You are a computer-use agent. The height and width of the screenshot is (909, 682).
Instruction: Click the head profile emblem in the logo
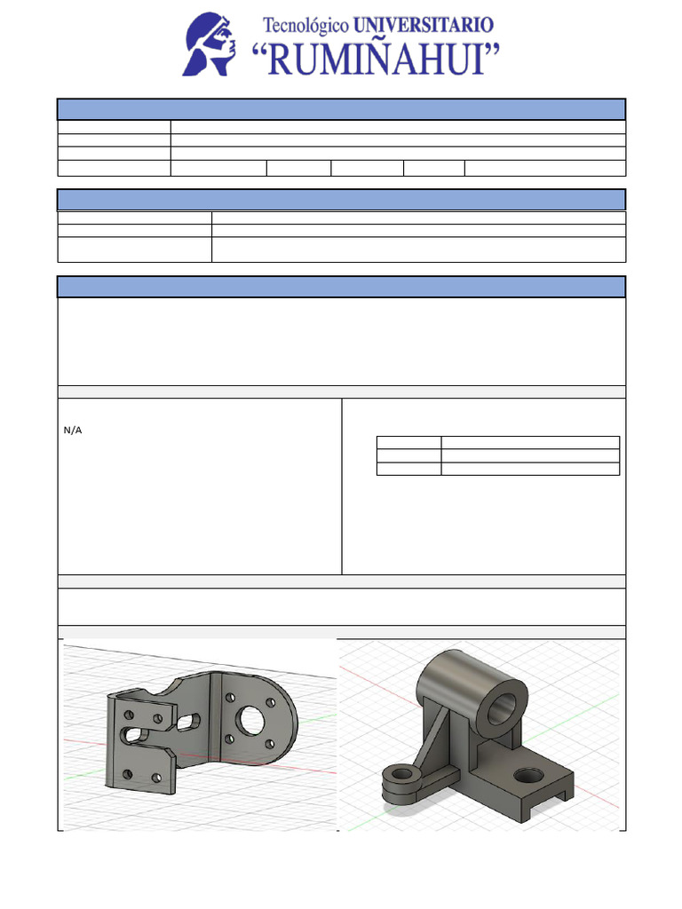click(x=210, y=44)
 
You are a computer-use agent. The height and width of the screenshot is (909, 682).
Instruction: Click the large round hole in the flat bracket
click(x=252, y=720)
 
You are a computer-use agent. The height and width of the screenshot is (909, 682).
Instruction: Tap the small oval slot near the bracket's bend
click(x=188, y=723)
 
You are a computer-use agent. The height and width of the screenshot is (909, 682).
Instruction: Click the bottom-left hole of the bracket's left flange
click(x=127, y=774)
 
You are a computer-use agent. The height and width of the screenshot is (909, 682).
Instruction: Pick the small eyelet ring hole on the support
click(x=401, y=774)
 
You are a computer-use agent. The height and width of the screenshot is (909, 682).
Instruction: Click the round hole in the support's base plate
click(x=530, y=775)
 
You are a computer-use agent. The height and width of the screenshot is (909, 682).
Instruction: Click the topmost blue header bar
click(x=341, y=109)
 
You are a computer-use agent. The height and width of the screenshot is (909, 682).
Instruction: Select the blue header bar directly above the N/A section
click(x=341, y=287)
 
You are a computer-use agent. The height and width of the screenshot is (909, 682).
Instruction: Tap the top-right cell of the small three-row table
click(x=530, y=442)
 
